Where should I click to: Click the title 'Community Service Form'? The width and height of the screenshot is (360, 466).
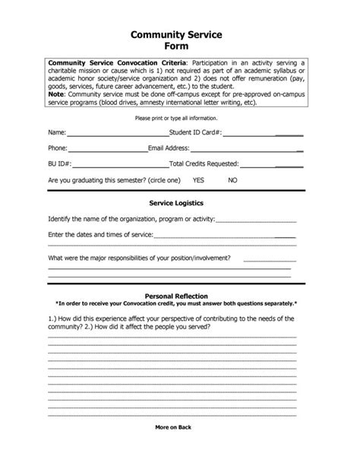(x=180, y=40)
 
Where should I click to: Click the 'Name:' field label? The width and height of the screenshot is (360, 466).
(x=56, y=132)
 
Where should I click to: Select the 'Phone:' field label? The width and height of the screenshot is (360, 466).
(x=58, y=147)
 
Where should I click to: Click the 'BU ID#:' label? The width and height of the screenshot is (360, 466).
(x=60, y=163)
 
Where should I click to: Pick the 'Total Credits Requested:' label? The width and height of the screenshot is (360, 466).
(x=204, y=163)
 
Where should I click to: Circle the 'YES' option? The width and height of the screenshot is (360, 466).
(x=199, y=180)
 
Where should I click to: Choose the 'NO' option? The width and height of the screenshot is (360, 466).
(x=232, y=180)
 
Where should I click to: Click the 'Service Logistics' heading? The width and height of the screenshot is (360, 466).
(x=180, y=203)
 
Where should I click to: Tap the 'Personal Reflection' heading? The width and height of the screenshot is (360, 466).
(x=180, y=296)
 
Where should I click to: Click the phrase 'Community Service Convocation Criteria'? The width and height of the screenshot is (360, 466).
(x=116, y=62)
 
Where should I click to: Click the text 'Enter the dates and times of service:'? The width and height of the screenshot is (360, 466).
(x=101, y=235)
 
